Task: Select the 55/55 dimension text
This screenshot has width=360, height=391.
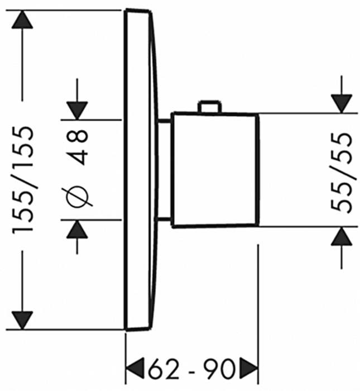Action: click(x=342, y=173)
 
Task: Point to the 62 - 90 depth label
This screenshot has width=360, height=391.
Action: click(x=191, y=369)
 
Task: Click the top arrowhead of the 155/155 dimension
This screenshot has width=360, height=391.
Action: click(x=22, y=20)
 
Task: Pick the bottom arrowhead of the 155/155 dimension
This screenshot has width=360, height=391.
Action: click(x=22, y=321)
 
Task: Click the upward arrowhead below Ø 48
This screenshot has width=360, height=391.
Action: click(x=77, y=229)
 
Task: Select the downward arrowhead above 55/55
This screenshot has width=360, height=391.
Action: click(x=342, y=104)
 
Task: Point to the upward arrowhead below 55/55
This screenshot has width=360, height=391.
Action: click(x=342, y=236)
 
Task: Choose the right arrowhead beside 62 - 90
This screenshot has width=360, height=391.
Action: click(x=248, y=369)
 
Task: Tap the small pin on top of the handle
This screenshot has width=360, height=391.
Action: click(x=209, y=107)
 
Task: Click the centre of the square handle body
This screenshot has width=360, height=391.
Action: click(x=215, y=170)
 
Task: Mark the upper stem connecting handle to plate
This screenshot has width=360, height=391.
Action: click(x=165, y=121)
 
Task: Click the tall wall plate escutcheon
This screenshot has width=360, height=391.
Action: click(x=141, y=170)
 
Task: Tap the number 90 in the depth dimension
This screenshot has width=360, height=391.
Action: click(x=219, y=369)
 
